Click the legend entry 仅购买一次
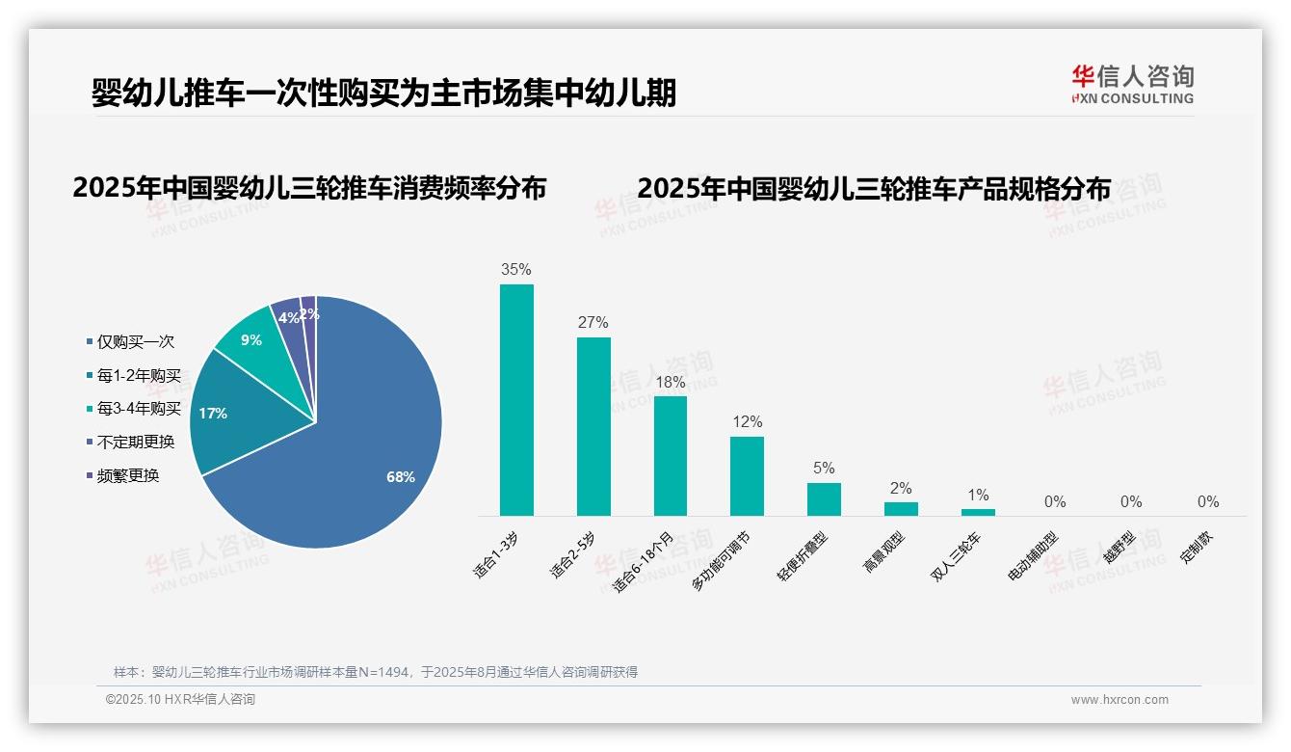pyautogui.click(x=135, y=342)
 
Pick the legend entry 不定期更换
pyautogui.click(x=135, y=442)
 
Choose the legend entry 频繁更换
pyautogui.click(x=127, y=475)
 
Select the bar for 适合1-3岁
pyautogui.click(x=516, y=400)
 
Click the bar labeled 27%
pyautogui.click(x=593, y=426)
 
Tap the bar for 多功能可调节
pyautogui.click(x=747, y=476)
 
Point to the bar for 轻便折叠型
pyautogui.click(x=824, y=499)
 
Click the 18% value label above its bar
pyautogui.click(x=670, y=383)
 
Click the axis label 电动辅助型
pyautogui.click(x=1032, y=556)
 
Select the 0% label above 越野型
pyautogui.click(x=1131, y=501)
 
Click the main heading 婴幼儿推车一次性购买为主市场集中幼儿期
pyautogui.click(x=383, y=94)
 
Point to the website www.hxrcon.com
pyautogui.click(x=1120, y=700)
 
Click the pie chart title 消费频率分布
pyautogui.click(x=309, y=188)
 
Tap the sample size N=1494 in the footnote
pyautogui.click(x=384, y=672)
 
